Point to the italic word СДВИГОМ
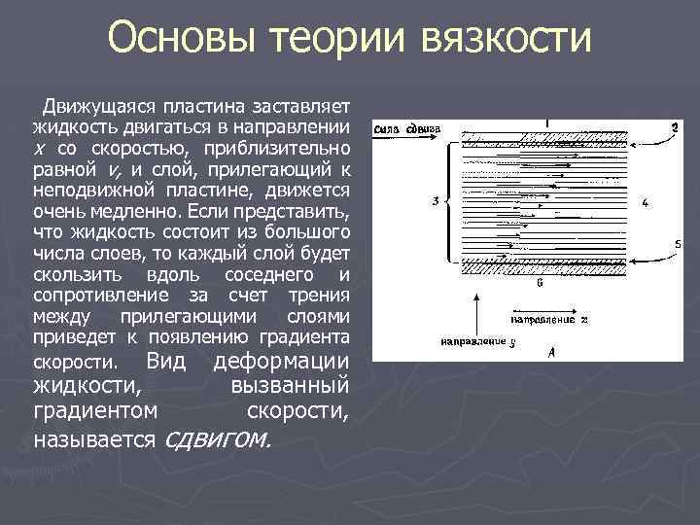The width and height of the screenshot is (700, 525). (221, 440)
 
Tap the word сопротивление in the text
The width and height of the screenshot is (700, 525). (88, 296)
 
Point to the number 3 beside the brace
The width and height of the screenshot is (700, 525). (436, 201)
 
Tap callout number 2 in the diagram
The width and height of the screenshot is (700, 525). (674, 127)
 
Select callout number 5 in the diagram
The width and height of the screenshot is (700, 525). (678, 242)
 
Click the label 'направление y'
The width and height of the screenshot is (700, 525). (475, 342)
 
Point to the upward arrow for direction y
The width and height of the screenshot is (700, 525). (475, 316)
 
